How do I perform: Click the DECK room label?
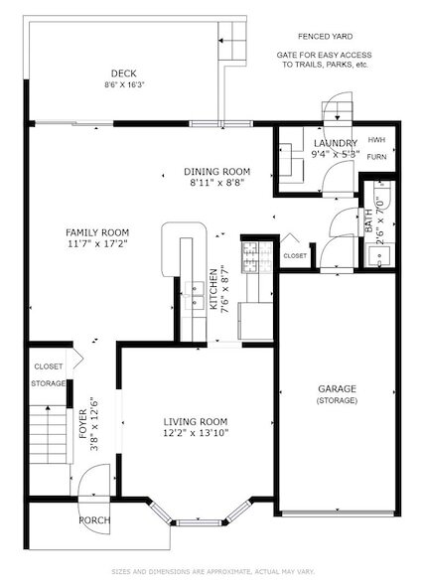click(123, 73)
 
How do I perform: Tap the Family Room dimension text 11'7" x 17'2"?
click(97, 244)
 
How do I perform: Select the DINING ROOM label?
click(217, 172)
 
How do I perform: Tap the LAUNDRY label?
click(336, 143)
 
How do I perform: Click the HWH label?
click(376, 140)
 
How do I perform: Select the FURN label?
click(376, 157)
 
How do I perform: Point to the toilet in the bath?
click(382, 195)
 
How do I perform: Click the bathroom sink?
click(379, 255)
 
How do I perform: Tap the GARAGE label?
click(337, 389)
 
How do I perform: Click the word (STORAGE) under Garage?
click(337, 401)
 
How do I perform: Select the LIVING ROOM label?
click(196, 422)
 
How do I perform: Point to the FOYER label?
click(83, 424)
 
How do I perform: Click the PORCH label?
click(94, 520)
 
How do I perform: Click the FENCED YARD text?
click(326, 37)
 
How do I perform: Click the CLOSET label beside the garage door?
click(295, 256)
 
